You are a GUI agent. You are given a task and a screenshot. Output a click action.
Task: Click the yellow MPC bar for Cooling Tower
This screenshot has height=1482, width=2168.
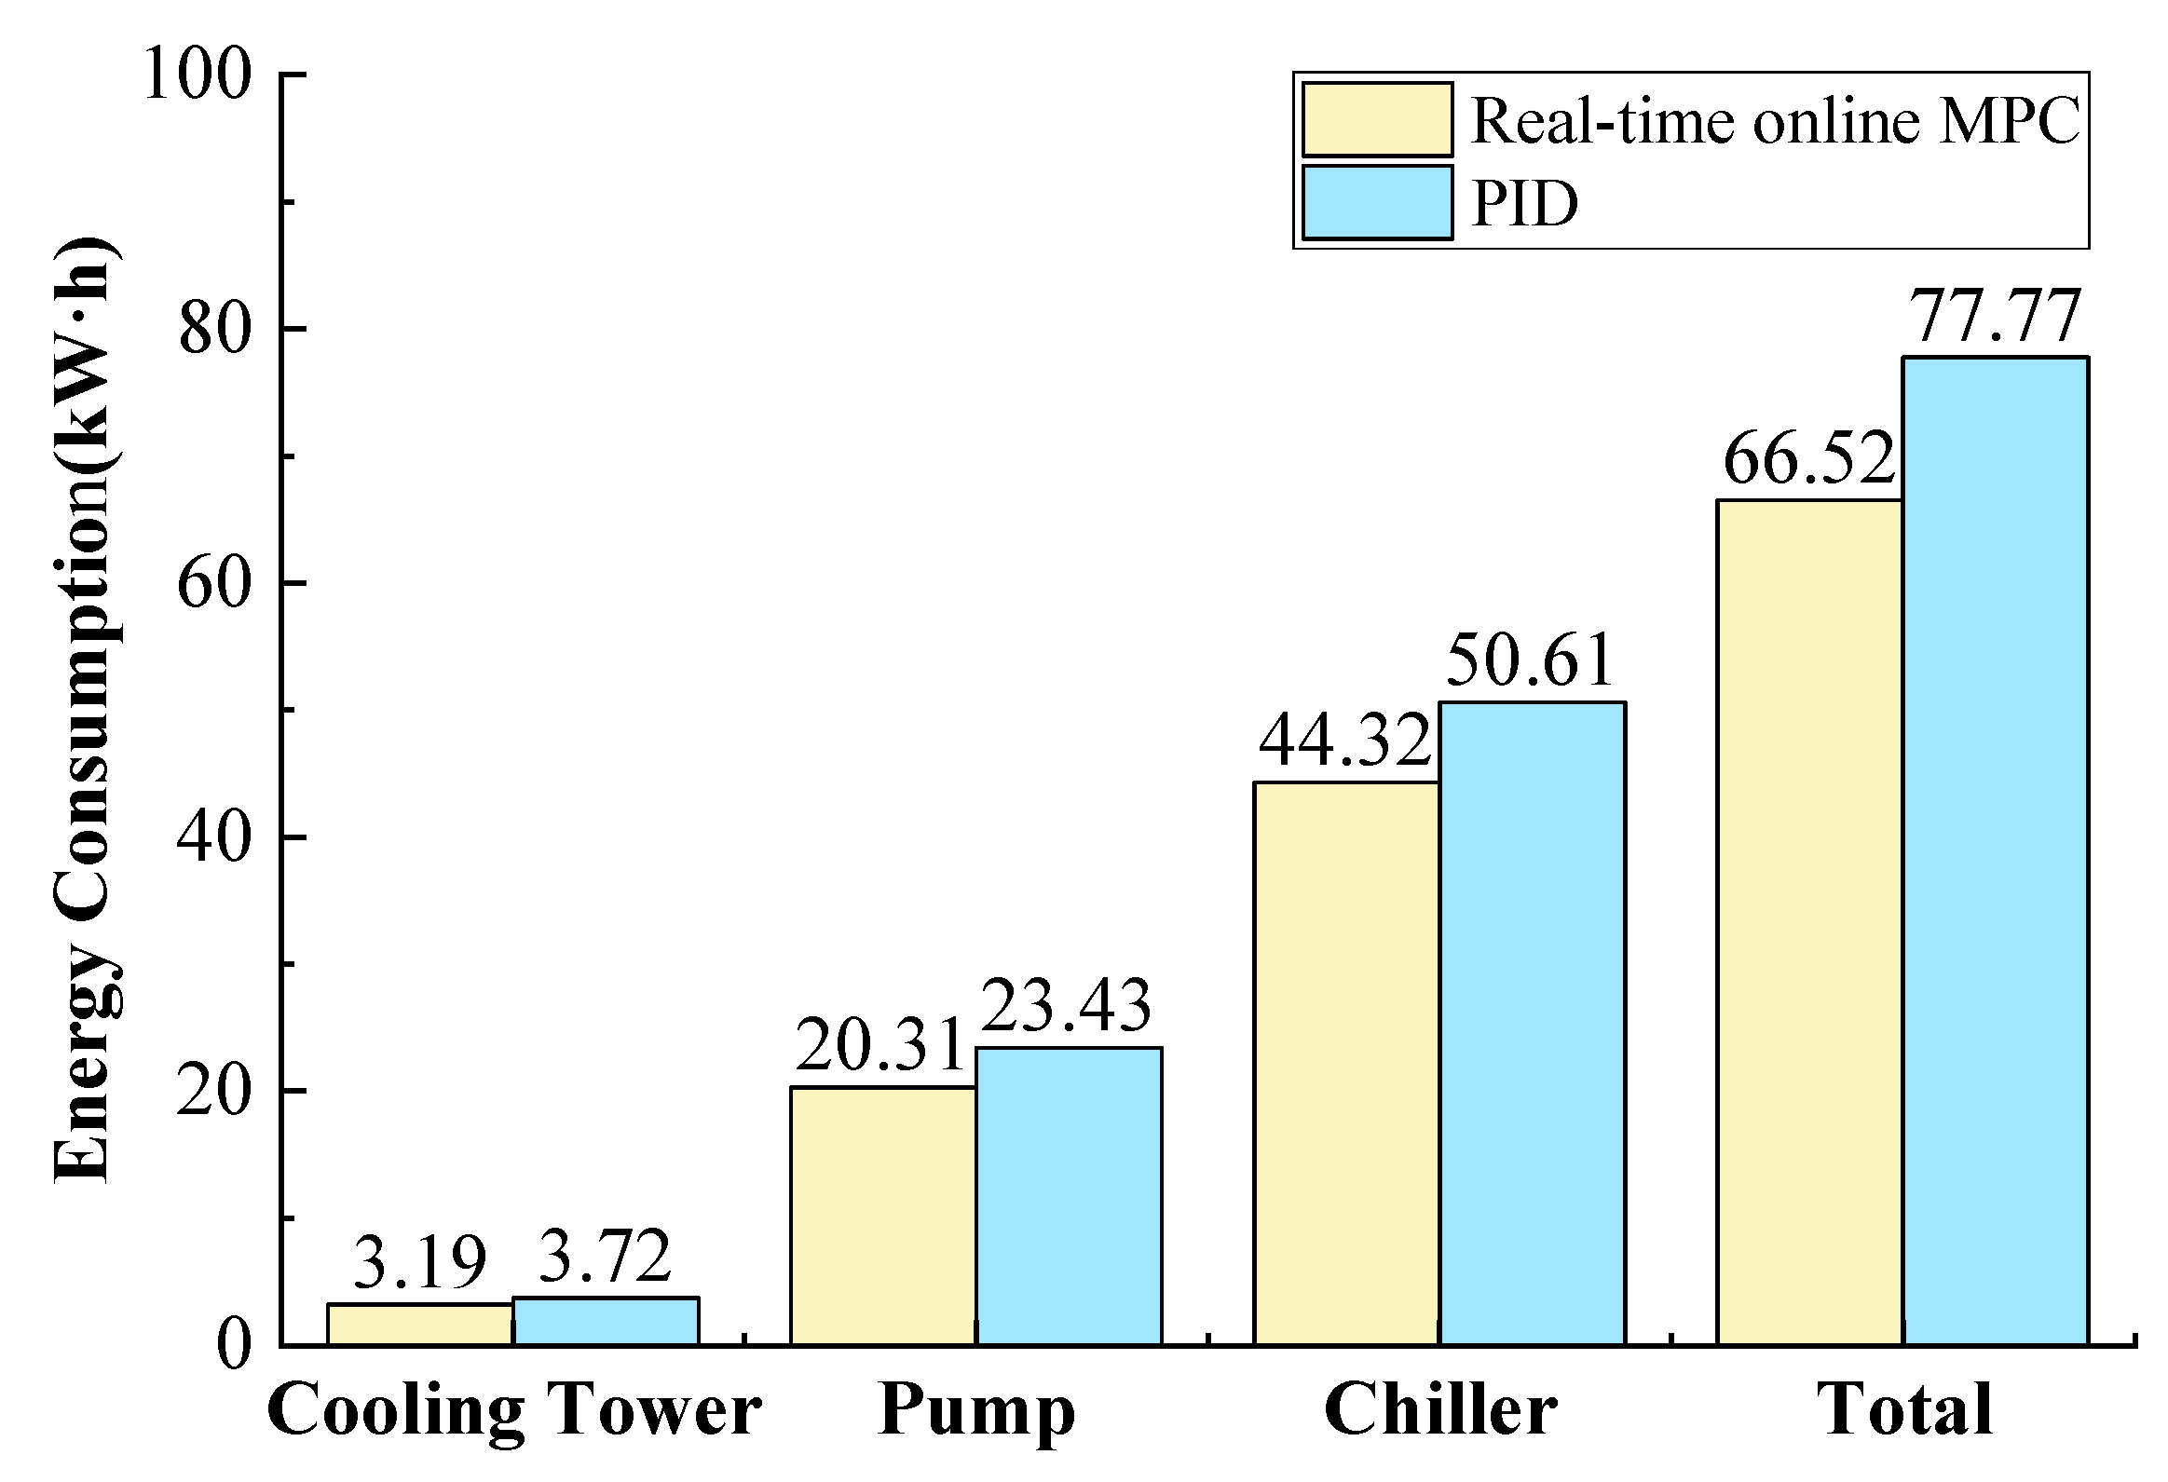click(x=420, y=1324)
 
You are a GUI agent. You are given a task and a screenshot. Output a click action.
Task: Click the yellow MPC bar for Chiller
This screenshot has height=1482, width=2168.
click(x=1345, y=1062)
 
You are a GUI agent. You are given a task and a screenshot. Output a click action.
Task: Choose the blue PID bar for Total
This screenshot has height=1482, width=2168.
click(x=1996, y=850)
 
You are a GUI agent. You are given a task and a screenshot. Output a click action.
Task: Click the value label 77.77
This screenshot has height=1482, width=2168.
click(x=1996, y=318)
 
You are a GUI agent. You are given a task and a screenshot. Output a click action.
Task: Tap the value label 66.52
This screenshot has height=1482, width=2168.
click(x=1809, y=460)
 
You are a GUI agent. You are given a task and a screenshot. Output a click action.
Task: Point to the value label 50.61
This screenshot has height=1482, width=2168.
click(x=1530, y=661)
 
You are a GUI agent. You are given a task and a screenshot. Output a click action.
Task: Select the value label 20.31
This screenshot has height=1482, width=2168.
click(x=879, y=1046)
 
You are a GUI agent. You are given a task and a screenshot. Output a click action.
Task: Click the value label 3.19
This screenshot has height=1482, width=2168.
click(x=420, y=1264)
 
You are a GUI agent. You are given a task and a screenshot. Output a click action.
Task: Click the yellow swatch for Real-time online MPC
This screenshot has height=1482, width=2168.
click(x=1377, y=119)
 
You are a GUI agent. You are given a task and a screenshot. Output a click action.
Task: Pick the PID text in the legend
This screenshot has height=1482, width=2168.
click(x=1524, y=203)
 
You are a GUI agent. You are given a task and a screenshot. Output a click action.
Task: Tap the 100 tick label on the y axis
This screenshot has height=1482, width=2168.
click(x=197, y=75)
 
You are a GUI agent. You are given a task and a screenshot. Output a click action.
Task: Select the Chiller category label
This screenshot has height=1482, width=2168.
click(x=1439, y=1409)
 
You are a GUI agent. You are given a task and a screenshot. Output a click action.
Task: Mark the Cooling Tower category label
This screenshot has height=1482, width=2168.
click(x=514, y=1411)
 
